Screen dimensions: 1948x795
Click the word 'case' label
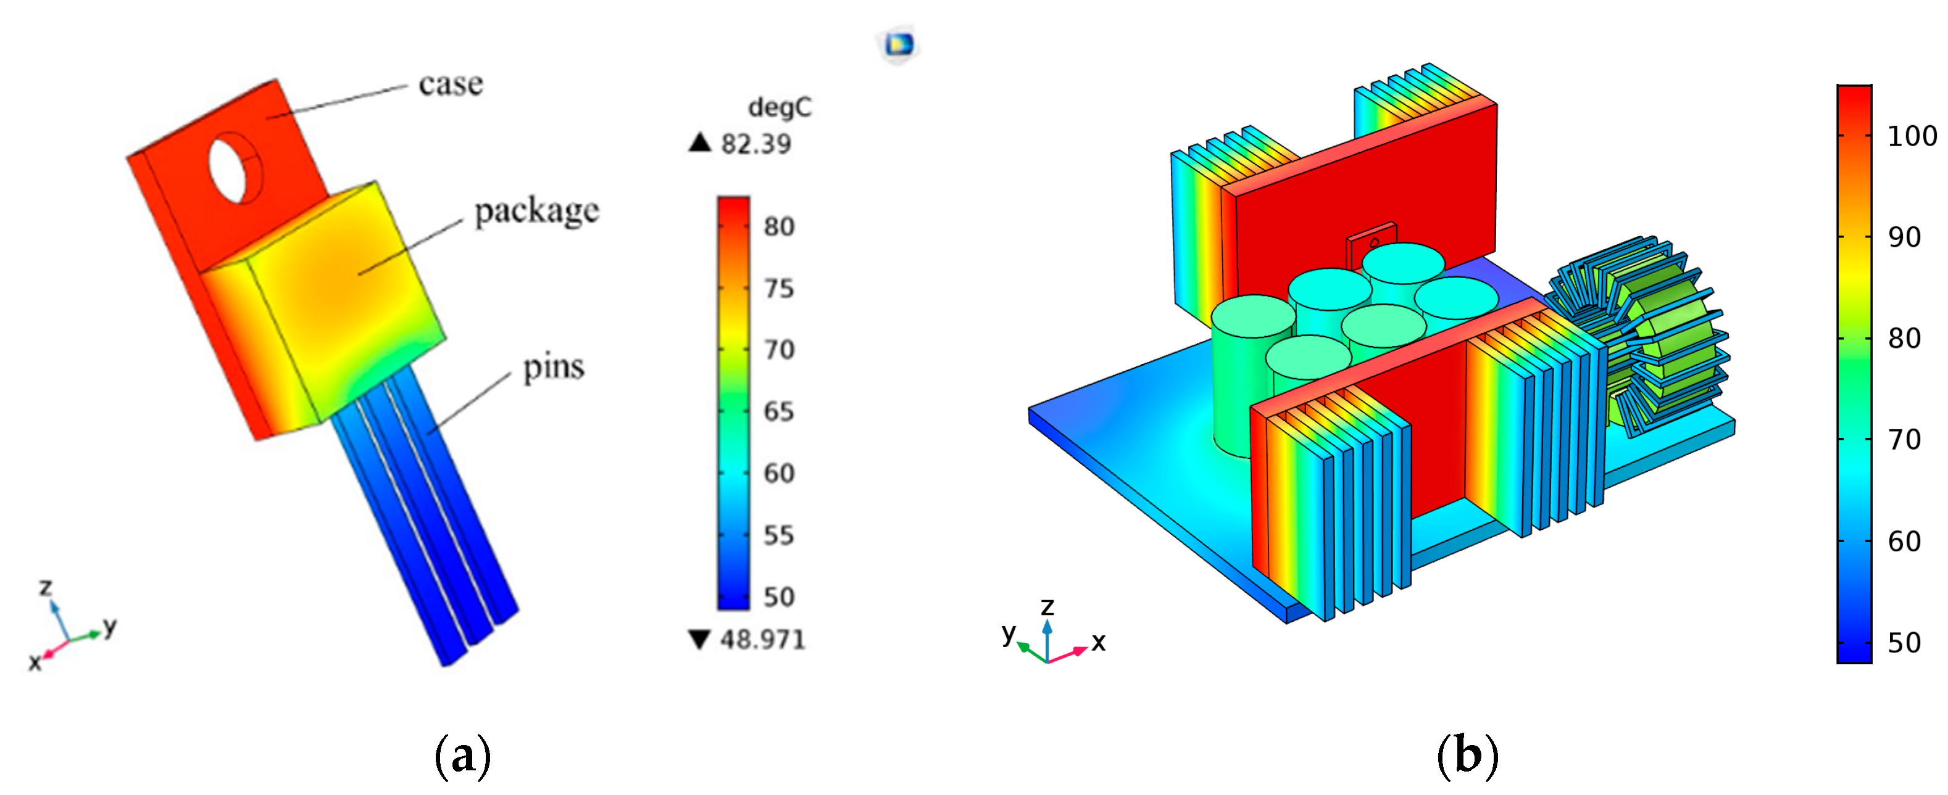pos(451,84)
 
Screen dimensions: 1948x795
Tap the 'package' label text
pos(537,211)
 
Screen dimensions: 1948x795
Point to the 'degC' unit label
pos(780,108)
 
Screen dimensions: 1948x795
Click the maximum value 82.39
pos(755,144)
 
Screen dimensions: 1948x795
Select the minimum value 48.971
pos(762,640)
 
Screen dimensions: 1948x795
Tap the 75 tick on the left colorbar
pos(779,288)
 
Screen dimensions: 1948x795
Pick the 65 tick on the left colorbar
pos(779,411)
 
